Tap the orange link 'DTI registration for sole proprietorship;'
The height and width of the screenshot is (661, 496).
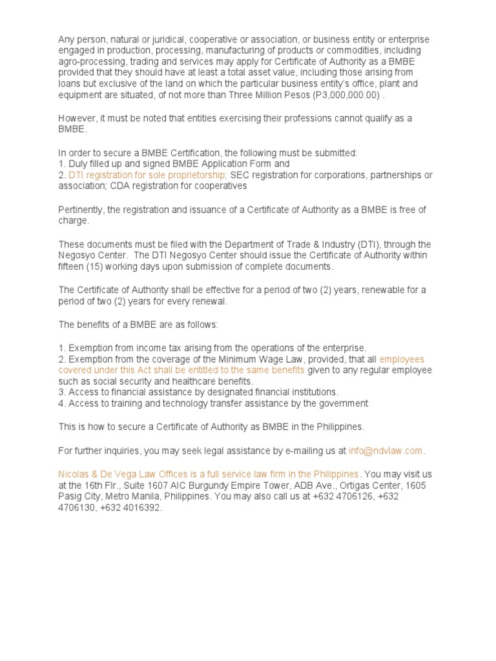pyautogui.click(x=147, y=175)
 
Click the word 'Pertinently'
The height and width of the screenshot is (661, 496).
pyautogui.click(x=81, y=210)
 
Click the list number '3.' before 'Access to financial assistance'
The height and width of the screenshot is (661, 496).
pyautogui.click(x=62, y=392)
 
